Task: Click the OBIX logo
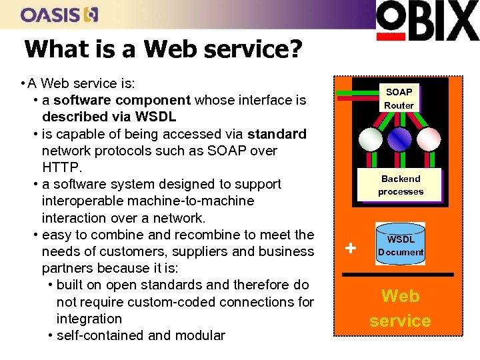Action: pyautogui.click(x=427, y=21)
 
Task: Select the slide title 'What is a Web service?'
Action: pyautogui.click(x=163, y=49)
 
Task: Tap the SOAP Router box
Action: pyautogui.click(x=399, y=98)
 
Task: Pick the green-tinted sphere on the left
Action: pyautogui.click(x=371, y=138)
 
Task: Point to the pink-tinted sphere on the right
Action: pyautogui.click(x=429, y=138)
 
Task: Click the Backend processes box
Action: pyautogui.click(x=401, y=185)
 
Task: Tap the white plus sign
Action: pyautogui.click(x=351, y=249)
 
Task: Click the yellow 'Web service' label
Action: pyautogui.click(x=400, y=308)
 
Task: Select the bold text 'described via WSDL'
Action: pyautogui.click(x=109, y=117)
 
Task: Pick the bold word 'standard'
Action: pyautogui.click(x=274, y=134)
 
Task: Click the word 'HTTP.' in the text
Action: pyautogui.click(x=62, y=167)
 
